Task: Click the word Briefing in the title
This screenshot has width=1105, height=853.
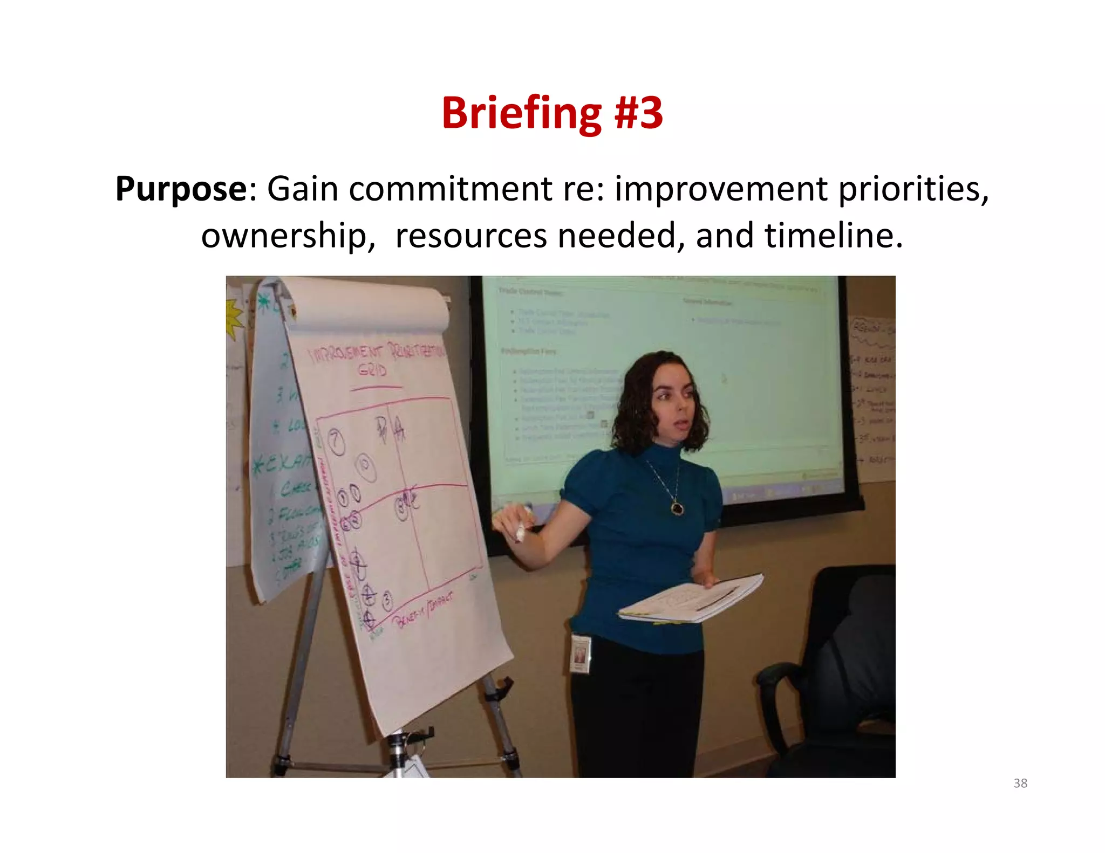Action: (x=521, y=113)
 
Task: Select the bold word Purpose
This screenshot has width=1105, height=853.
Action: (x=181, y=189)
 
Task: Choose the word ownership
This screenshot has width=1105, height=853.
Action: (x=288, y=236)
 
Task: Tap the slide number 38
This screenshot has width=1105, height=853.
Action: (x=1020, y=783)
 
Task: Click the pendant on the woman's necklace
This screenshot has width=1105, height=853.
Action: (x=677, y=507)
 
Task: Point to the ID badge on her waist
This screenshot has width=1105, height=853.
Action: (x=581, y=653)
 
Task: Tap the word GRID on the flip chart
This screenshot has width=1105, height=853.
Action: (x=372, y=370)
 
